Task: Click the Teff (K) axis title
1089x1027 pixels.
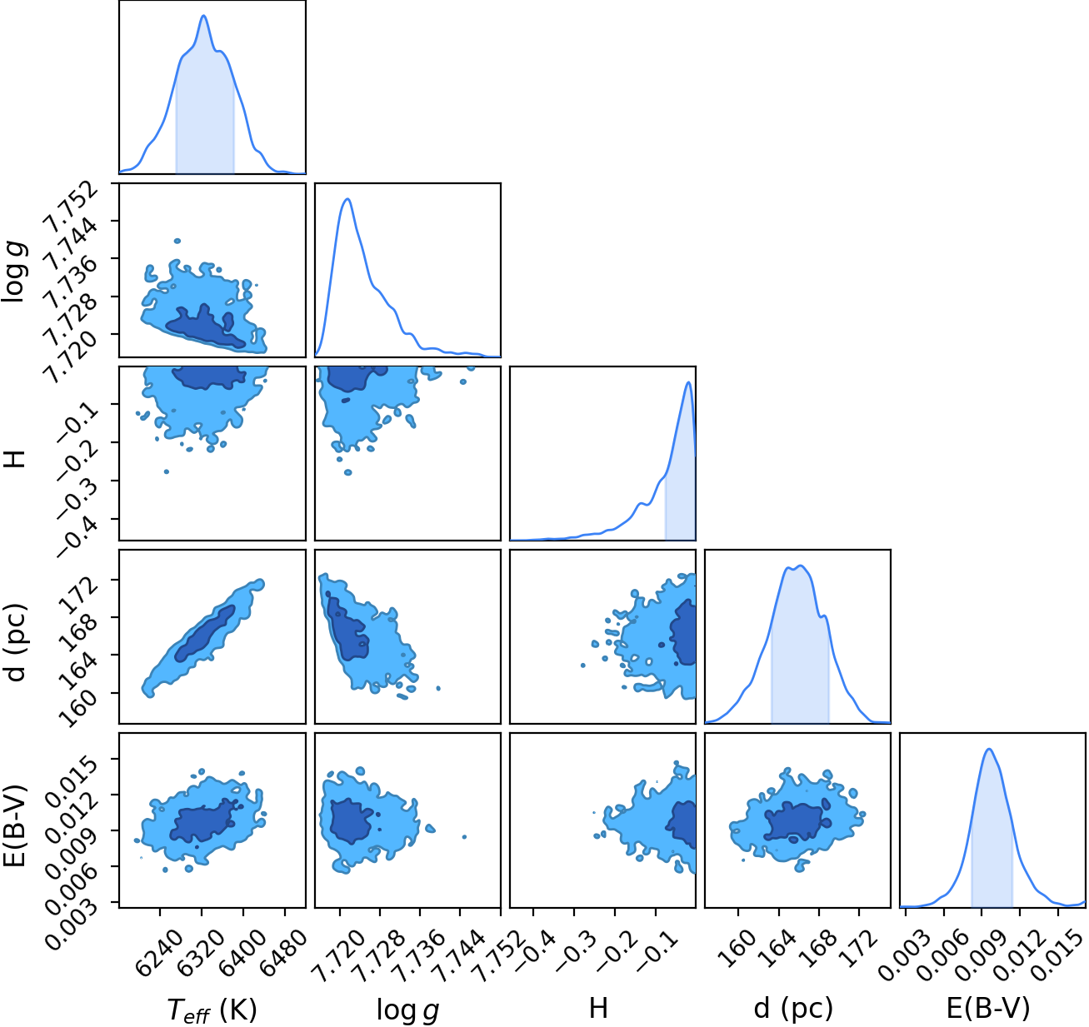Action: pyautogui.click(x=211, y=1010)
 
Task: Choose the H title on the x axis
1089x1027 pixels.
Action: pyautogui.click(x=598, y=1008)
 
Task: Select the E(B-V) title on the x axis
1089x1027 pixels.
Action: pyautogui.click(x=988, y=1008)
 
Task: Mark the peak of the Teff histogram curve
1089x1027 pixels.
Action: pyautogui.click(x=203, y=15)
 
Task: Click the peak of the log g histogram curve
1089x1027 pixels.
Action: pyautogui.click(x=347, y=198)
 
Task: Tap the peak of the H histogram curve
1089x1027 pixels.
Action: pyautogui.click(x=688, y=382)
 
